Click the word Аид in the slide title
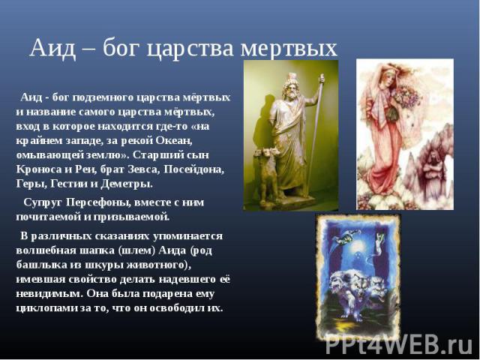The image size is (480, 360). [x=52, y=48]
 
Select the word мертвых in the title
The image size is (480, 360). [x=289, y=49]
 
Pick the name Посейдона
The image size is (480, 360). [x=194, y=169]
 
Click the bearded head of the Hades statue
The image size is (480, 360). [x=289, y=86]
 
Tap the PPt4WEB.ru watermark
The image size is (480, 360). [x=399, y=345]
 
